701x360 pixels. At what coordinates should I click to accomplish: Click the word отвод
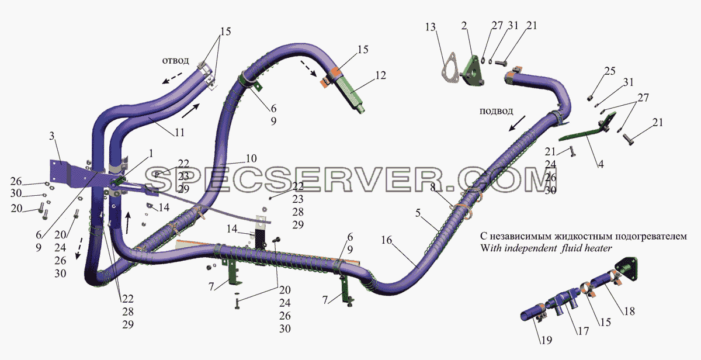(x=175, y=60)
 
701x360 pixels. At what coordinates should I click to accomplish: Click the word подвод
(x=496, y=111)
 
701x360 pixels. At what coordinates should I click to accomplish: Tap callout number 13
(x=431, y=27)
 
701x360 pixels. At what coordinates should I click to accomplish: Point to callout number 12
(x=380, y=75)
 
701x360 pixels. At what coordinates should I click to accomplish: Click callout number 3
(x=51, y=136)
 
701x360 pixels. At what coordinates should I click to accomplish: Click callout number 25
(x=610, y=71)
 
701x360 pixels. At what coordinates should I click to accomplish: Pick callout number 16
(x=387, y=240)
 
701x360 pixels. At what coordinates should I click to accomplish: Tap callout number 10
(x=251, y=158)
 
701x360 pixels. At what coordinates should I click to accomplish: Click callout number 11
(x=179, y=133)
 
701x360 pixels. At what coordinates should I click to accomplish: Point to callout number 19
(x=546, y=340)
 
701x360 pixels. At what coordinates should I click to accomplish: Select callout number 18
(x=629, y=311)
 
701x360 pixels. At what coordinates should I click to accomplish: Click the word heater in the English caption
(x=598, y=248)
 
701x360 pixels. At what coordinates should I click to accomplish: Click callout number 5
(x=418, y=213)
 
